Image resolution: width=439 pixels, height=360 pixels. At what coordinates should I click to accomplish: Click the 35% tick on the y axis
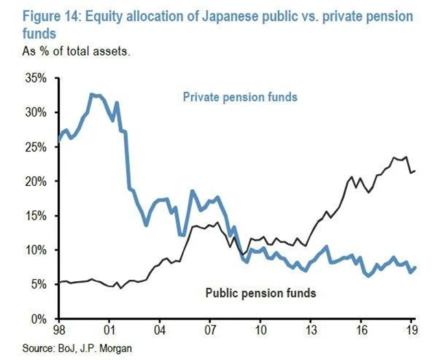click(x=35, y=79)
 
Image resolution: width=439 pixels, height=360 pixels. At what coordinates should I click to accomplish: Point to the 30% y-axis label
click(x=35, y=113)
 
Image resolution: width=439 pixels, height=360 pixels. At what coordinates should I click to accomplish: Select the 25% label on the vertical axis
click(x=35, y=147)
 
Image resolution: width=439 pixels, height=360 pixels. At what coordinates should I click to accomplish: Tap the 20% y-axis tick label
click(x=35, y=182)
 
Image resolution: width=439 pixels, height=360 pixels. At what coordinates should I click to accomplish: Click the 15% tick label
click(x=35, y=216)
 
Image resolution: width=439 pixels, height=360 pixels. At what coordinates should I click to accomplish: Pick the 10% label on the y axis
click(x=35, y=250)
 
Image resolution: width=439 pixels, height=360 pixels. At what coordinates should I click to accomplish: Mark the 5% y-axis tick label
click(x=38, y=285)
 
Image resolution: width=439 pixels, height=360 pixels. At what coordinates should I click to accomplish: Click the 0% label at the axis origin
click(x=38, y=319)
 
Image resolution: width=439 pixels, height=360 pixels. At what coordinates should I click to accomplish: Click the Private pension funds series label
click(x=240, y=97)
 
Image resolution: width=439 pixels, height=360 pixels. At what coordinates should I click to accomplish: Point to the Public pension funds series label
click(x=261, y=293)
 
